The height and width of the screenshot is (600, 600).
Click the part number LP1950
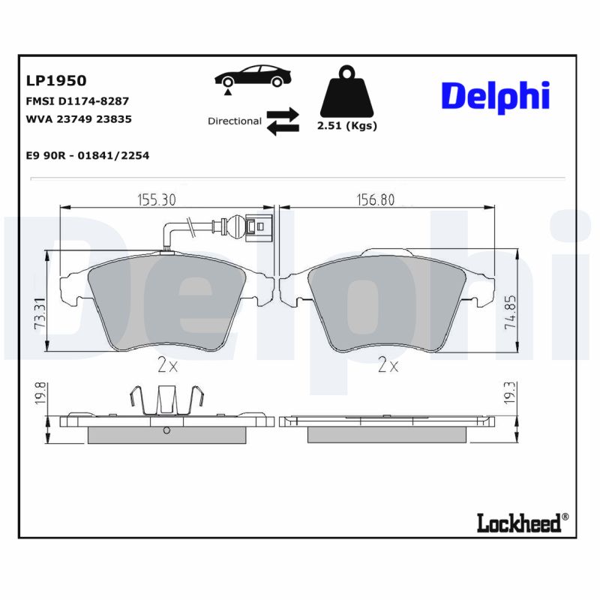point(56,80)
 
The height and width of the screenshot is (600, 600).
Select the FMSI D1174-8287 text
point(77,100)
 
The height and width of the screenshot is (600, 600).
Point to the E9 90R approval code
point(87,155)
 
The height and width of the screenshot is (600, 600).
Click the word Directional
point(234,121)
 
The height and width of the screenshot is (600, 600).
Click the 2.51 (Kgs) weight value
point(346,126)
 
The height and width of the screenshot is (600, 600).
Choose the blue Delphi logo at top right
point(494,97)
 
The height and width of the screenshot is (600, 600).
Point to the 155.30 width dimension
point(156,199)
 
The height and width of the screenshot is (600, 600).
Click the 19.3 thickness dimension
point(509,393)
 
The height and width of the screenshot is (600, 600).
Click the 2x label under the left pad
point(166,365)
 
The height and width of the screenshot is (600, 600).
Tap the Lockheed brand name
point(519,523)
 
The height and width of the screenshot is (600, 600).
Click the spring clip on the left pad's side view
point(166,400)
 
